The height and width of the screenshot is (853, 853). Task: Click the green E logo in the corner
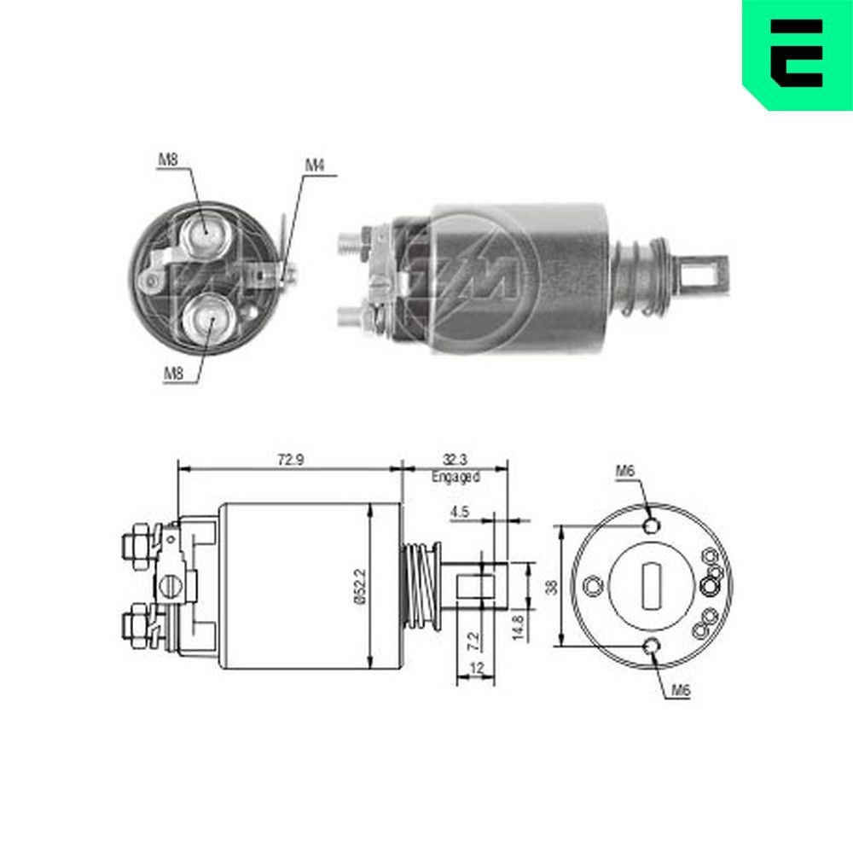coord(797,54)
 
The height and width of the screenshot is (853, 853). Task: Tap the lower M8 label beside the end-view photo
coord(173,373)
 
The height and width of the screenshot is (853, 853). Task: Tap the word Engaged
coord(456,477)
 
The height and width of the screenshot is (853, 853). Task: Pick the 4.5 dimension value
coord(460,513)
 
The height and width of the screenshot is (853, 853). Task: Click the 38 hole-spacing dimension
coord(550,587)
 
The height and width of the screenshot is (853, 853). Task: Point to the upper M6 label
coord(625,470)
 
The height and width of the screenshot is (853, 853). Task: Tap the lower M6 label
coord(678,691)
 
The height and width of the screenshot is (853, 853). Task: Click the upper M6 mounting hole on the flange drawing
coord(653,525)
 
